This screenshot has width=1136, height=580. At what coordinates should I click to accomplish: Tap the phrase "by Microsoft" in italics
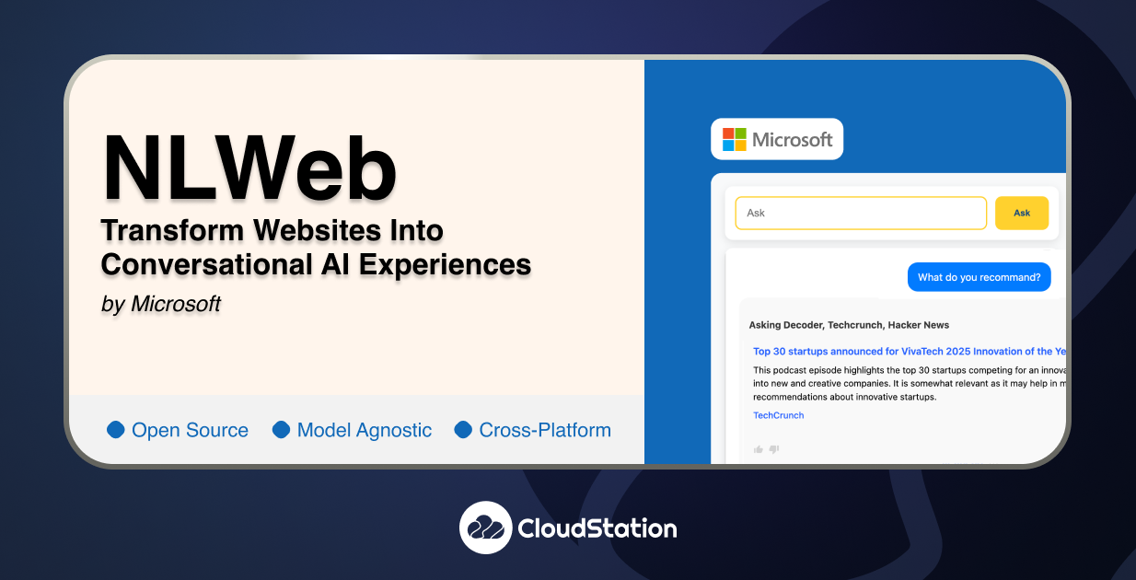click(x=161, y=304)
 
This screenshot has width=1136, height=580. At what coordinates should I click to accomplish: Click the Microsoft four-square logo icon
click(x=734, y=139)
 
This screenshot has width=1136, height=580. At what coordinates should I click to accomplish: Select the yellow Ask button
click(x=1021, y=213)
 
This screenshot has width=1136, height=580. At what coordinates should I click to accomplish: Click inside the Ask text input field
click(x=860, y=213)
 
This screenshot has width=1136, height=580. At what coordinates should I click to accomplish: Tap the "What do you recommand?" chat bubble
click(x=979, y=277)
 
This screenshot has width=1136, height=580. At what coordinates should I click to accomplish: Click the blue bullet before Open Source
click(x=116, y=430)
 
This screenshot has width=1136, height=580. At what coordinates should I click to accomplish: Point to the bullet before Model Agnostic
click(x=281, y=430)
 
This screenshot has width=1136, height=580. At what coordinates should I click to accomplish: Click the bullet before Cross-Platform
click(x=463, y=430)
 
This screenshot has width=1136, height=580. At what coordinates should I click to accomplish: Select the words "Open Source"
click(x=190, y=430)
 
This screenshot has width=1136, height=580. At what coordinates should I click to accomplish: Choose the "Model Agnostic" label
click(x=364, y=430)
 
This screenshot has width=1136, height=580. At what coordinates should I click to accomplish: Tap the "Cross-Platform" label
click(x=545, y=430)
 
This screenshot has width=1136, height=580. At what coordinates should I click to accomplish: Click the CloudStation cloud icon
click(x=485, y=528)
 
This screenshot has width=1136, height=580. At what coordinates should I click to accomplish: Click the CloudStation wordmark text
click(x=597, y=528)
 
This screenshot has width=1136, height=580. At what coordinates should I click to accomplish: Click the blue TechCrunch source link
click(x=778, y=415)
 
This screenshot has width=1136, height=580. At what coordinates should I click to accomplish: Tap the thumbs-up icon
click(x=759, y=449)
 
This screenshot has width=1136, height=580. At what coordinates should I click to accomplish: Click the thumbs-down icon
click(x=774, y=449)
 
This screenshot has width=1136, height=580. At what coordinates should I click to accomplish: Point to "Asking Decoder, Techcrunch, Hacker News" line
click(x=849, y=325)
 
